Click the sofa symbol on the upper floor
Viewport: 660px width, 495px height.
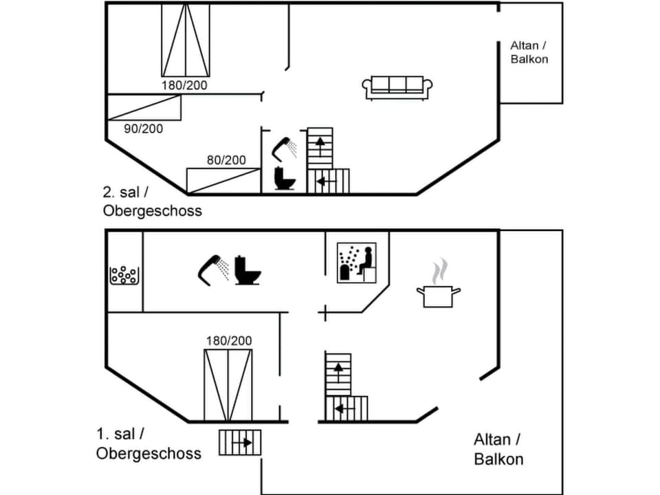coord(397,87)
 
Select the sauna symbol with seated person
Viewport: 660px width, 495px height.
coord(357,263)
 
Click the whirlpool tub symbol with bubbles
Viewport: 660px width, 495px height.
coord(124,275)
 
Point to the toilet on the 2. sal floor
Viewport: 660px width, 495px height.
coord(284,178)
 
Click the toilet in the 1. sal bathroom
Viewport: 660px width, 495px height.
coord(247,270)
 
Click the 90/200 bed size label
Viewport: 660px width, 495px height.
coord(144,129)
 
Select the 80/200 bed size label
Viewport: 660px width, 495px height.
coord(226,160)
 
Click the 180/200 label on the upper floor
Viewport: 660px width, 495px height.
coord(184,85)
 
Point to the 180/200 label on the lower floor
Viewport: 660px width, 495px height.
coord(229,340)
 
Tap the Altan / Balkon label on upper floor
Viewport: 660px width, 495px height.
coord(529,52)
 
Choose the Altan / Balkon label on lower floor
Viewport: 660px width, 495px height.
coord(498,450)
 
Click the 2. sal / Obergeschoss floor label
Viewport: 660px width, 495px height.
coord(152,203)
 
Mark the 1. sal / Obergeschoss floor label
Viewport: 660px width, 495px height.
coord(148,443)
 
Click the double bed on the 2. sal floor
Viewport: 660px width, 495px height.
coord(186,40)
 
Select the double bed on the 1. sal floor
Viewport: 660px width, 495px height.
coord(228,385)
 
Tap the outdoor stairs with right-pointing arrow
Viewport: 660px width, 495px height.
coord(240,443)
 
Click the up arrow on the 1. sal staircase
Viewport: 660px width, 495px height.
coord(338,368)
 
